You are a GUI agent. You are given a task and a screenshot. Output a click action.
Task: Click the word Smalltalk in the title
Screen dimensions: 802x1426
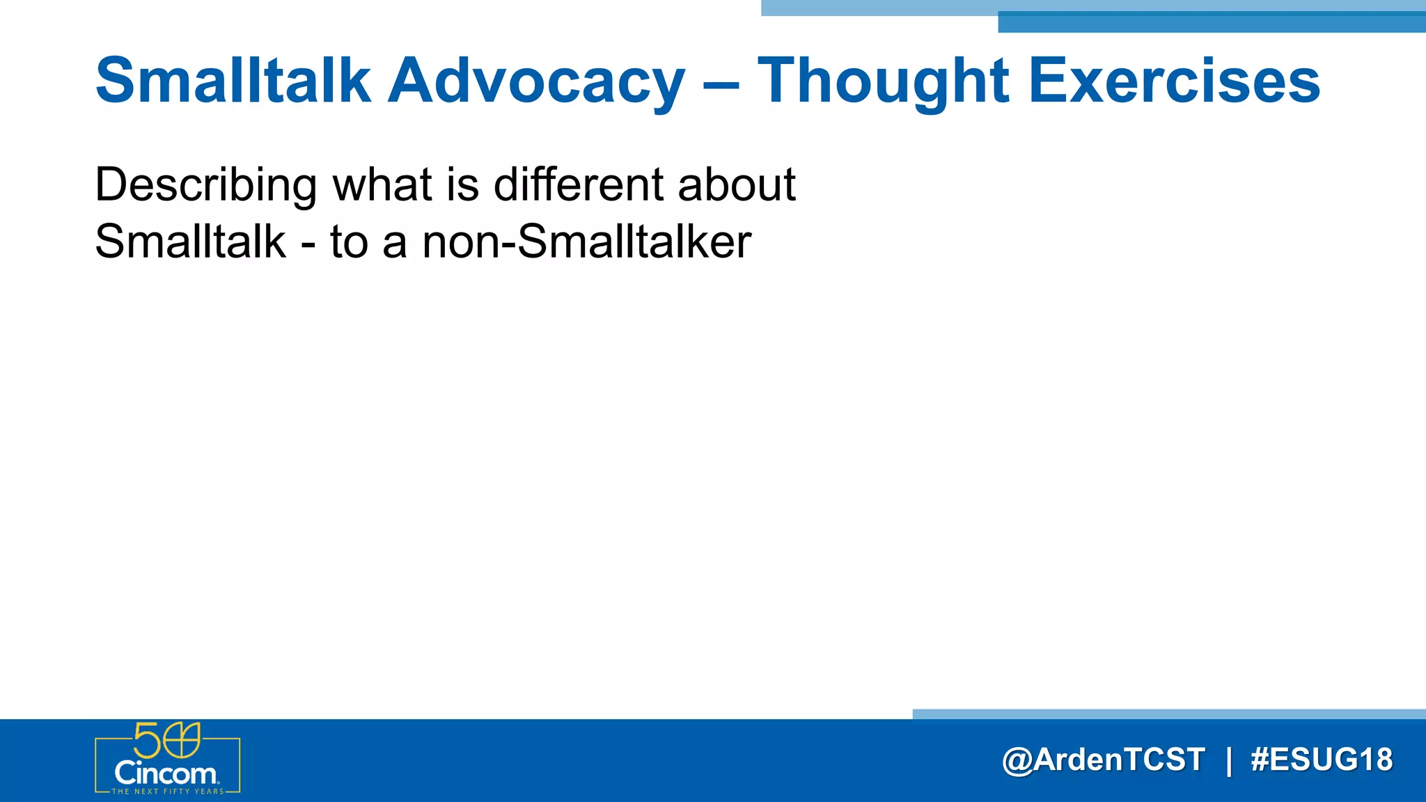pyautogui.click(x=233, y=81)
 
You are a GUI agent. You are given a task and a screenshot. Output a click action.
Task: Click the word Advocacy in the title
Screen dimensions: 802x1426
pyautogui.click(x=536, y=81)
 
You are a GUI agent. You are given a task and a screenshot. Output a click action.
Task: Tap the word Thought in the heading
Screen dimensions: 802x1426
pyautogui.click(x=883, y=81)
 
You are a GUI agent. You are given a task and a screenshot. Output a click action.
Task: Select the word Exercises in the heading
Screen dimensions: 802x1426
pyautogui.click(x=1174, y=81)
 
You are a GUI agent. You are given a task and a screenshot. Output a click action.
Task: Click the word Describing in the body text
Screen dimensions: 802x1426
pyautogui.click(x=206, y=185)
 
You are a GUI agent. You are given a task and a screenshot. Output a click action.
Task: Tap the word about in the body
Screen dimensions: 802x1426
pyautogui.click(x=736, y=185)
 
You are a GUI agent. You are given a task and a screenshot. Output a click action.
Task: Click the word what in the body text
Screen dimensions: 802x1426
pyautogui.click(x=382, y=185)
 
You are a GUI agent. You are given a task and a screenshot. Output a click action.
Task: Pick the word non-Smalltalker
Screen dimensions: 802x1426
pyautogui.click(x=586, y=242)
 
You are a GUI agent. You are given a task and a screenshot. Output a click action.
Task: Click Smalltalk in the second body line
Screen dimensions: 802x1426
pyautogui.click(x=190, y=242)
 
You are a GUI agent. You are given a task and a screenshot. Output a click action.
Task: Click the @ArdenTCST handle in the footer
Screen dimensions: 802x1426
pyautogui.click(x=1103, y=760)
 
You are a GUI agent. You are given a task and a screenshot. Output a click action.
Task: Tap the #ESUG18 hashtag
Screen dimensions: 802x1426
pyautogui.click(x=1322, y=760)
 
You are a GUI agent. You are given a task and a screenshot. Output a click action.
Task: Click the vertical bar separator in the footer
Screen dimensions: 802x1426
pyautogui.click(x=1228, y=760)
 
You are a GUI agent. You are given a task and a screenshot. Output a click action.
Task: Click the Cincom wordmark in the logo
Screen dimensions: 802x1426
pyautogui.click(x=166, y=773)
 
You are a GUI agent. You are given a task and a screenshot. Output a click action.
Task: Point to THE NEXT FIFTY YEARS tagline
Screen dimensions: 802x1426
pyautogui.click(x=168, y=792)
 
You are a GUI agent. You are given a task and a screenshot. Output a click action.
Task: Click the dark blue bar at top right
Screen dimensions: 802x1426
pyautogui.click(x=1212, y=23)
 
